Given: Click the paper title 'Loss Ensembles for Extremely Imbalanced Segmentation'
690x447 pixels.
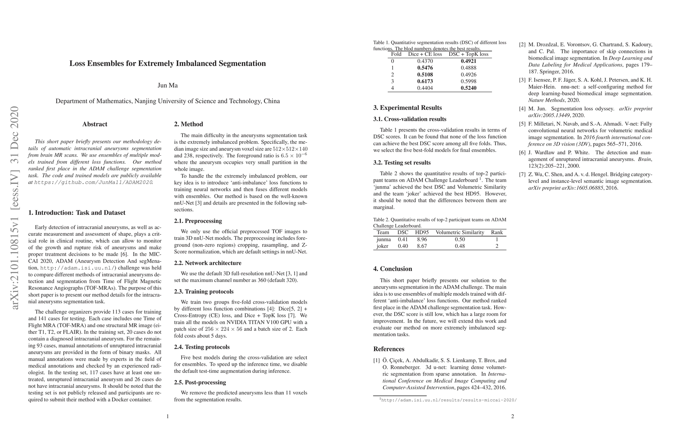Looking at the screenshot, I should click(167, 63).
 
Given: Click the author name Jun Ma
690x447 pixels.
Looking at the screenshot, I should click(167, 85).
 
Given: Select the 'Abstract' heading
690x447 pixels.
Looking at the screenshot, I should click(95, 124).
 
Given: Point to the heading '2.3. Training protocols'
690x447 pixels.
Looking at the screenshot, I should click(204, 292).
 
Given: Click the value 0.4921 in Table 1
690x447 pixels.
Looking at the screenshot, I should click(468, 61).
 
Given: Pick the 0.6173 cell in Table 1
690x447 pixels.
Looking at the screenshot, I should click(425, 81).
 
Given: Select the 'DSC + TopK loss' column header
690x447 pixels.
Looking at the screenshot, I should click(468, 54).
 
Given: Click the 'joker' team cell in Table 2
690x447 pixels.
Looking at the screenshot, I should click(383, 246).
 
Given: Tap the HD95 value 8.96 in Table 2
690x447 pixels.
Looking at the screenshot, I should click(422, 240).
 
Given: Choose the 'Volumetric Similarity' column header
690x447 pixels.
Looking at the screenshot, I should click(460, 232).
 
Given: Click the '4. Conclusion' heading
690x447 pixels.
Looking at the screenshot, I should click(393, 269).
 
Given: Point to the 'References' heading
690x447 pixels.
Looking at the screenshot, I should click(389, 349).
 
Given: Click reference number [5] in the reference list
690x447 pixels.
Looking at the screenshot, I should click(522, 124).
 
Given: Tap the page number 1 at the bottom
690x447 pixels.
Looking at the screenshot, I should click(167, 416).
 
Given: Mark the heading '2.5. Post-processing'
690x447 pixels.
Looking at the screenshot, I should click(200, 383).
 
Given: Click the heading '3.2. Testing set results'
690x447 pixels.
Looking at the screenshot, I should click(402, 163).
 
